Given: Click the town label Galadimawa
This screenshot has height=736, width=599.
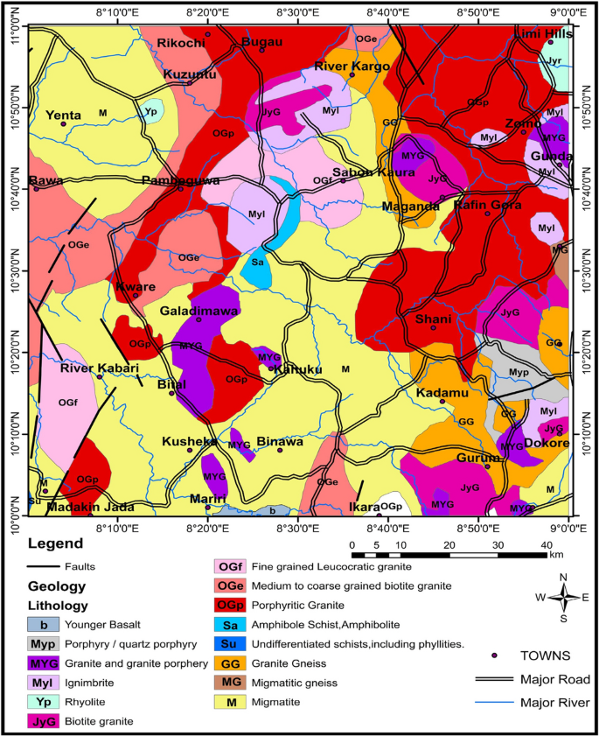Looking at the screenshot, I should [199, 311].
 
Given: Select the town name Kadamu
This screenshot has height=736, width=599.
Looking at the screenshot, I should [442, 393].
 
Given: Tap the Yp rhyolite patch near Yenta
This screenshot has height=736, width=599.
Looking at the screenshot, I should [150, 112].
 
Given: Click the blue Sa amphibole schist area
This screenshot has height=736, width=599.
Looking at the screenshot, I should [257, 262].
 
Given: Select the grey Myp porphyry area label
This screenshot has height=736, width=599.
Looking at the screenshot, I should [519, 373].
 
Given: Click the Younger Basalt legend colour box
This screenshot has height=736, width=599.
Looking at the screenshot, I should [43, 624].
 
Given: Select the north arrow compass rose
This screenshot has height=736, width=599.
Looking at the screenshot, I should [564, 598].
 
